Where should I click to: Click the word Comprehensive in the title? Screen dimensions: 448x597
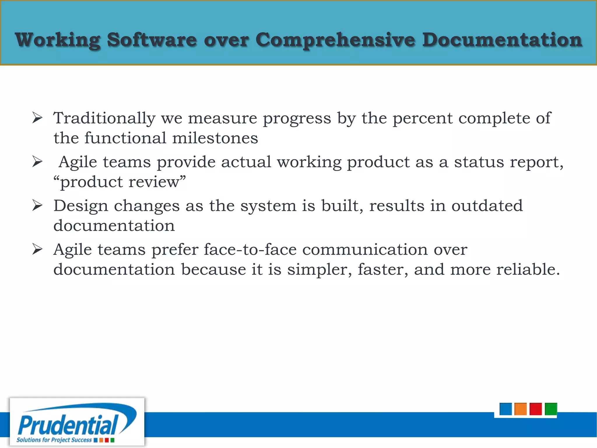[x=335, y=40]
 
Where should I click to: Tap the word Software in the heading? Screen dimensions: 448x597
[x=152, y=40]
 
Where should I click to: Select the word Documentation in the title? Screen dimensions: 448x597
[x=502, y=40]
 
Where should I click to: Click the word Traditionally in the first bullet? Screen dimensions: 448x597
[x=104, y=118]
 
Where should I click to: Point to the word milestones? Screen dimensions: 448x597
[x=215, y=138]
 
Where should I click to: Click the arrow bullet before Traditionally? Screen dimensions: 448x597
[x=37, y=118]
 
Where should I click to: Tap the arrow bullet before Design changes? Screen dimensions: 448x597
[x=37, y=206]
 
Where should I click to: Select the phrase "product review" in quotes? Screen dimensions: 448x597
[x=120, y=182]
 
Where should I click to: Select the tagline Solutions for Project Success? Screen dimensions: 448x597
[x=54, y=440]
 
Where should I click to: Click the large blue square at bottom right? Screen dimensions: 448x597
[x=505, y=409]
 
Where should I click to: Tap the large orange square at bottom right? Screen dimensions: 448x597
[x=521, y=409]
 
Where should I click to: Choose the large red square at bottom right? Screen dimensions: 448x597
[x=535, y=409]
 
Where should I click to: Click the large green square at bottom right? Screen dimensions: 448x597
[x=551, y=409]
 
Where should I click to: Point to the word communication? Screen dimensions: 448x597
[x=365, y=250]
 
